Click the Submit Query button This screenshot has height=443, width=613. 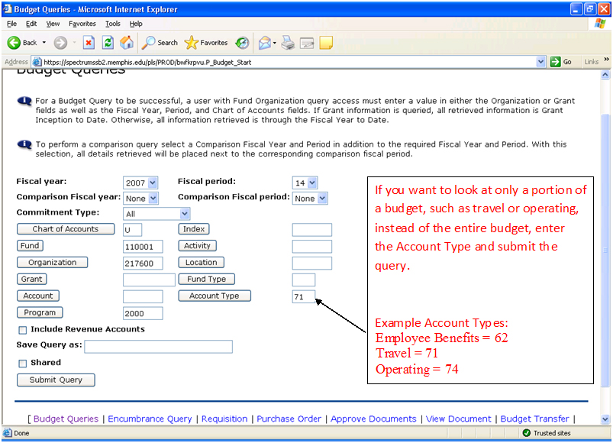(x=56, y=380)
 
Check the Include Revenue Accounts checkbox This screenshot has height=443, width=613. (x=23, y=330)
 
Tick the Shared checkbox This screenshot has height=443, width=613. (x=23, y=364)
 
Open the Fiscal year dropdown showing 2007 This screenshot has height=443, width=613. (x=140, y=183)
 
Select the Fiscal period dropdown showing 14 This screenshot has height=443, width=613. (x=305, y=183)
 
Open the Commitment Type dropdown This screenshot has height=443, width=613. (x=156, y=214)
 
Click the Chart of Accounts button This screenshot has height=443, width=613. (x=65, y=229)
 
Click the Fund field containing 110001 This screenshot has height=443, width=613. (x=143, y=247)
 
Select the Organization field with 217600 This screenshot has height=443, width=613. (x=143, y=264)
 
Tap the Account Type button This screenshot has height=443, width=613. (x=214, y=296)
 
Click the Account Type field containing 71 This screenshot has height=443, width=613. (x=303, y=296)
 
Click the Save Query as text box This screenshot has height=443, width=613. (x=158, y=347)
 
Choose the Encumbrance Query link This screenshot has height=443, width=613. (x=150, y=419)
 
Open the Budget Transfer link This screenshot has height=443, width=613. (x=534, y=419)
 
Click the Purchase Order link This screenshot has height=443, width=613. (x=289, y=419)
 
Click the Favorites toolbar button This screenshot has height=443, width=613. (x=206, y=43)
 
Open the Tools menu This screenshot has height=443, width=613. (x=113, y=24)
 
